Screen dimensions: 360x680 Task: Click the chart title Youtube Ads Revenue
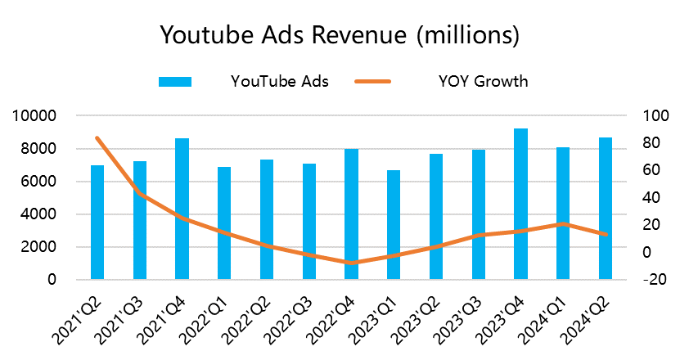[340, 36]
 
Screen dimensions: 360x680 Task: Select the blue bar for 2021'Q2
[97, 222]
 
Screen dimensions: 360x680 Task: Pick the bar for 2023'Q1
[394, 224]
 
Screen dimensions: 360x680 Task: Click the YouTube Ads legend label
[279, 81]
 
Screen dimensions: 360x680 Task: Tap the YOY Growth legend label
[483, 81]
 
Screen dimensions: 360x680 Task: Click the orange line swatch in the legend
[373, 81]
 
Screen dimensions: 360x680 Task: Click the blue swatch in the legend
[174, 81]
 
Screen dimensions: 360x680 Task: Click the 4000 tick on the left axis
[38, 214]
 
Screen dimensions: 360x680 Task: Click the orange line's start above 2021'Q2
[97, 138]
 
